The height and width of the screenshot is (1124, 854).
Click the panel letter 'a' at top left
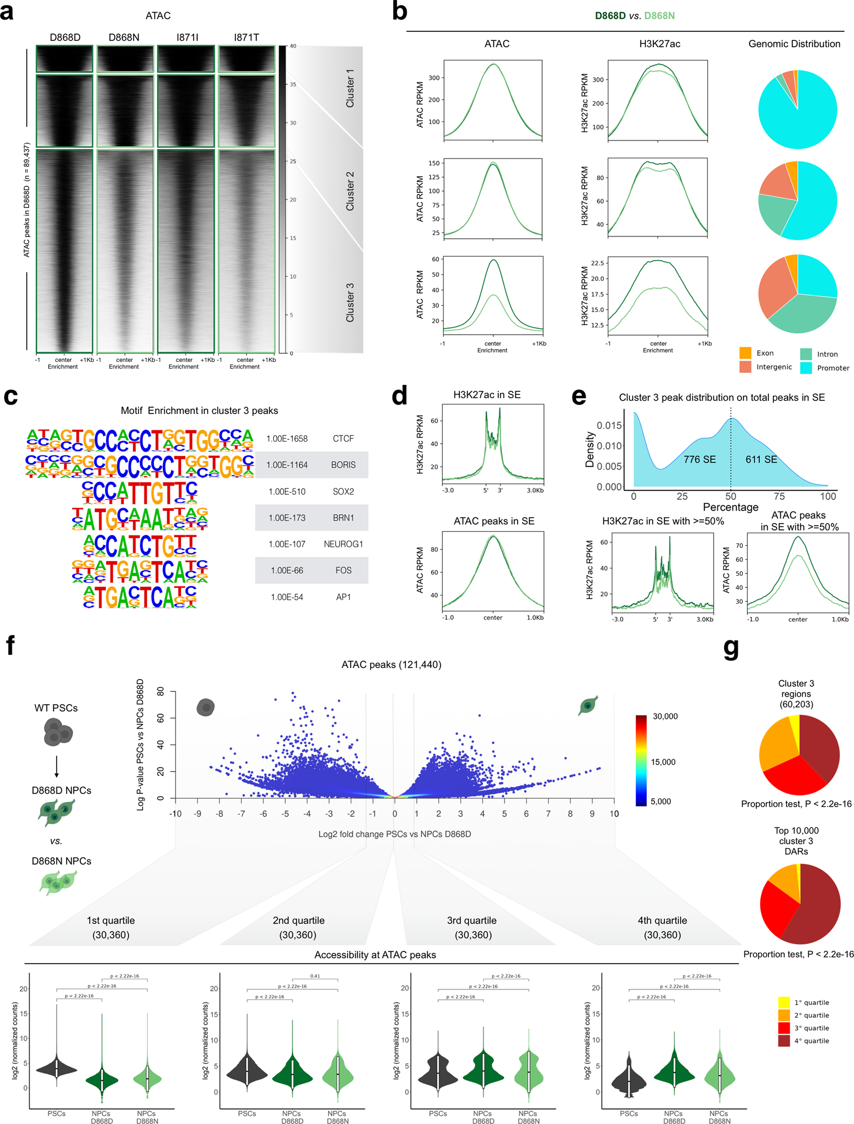click(x=7, y=12)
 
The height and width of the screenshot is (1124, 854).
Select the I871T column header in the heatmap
click(x=247, y=38)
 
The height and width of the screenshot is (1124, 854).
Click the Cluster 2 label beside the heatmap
click(x=350, y=191)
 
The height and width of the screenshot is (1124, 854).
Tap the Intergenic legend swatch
click(x=745, y=367)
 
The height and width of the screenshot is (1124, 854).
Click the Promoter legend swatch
click(x=806, y=368)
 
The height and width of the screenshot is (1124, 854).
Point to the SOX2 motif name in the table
click(x=343, y=491)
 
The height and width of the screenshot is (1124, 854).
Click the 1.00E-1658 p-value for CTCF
click(x=287, y=438)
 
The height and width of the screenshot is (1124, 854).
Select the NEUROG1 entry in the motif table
click(x=343, y=544)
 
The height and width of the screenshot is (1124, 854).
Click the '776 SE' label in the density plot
click(x=699, y=459)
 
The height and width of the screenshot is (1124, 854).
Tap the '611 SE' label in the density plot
click(x=761, y=459)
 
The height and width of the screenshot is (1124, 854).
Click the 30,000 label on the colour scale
click(x=665, y=716)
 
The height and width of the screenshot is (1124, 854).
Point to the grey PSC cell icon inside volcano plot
click(x=206, y=707)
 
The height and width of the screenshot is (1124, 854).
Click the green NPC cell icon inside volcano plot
click(x=588, y=705)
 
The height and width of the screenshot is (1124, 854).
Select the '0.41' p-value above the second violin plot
click(x=315, y=976)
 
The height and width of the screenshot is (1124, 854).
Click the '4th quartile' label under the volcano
click(x=662, y=920)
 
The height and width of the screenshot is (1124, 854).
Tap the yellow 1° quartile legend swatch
click(x=783, y=1002)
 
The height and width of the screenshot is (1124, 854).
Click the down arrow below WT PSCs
click(x=57, y=766)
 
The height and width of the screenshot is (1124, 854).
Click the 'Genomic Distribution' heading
click(x=794, y=44)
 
